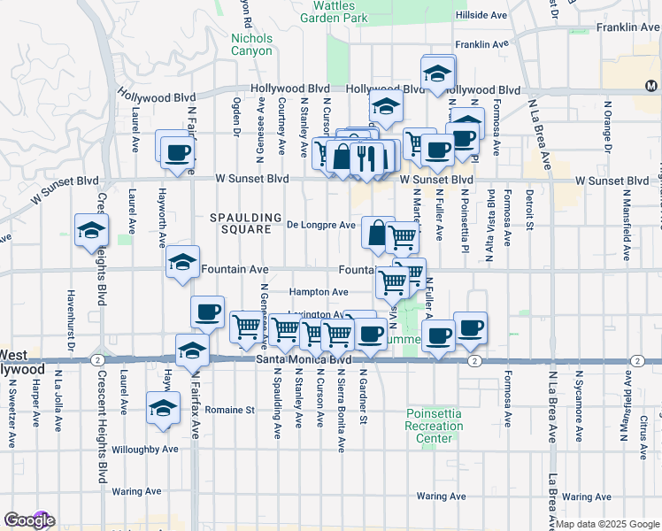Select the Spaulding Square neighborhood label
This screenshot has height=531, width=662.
pos(239,223)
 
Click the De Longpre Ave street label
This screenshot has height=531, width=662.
pos(321,225)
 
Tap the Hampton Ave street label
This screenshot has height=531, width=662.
pos(319,292)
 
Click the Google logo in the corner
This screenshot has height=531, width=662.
pos(29,520)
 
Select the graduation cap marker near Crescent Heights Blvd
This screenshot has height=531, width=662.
pos(91,231)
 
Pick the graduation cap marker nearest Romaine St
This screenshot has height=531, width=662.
pos(163,409)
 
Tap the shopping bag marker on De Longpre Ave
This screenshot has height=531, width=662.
pos(377,234)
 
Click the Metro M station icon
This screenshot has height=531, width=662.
pos(651,86)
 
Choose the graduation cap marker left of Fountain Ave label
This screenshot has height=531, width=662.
pos(182,263)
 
